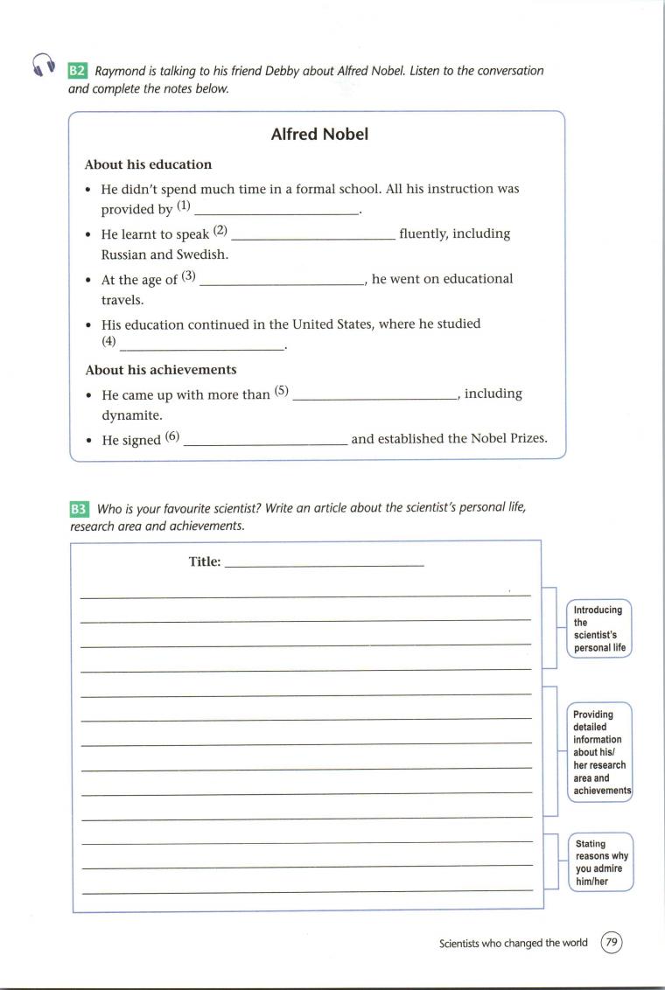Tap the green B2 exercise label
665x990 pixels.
click(x=77, y=71)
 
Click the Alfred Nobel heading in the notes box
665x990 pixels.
click(x=319, y=135)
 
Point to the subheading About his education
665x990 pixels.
click(x=148, y=164)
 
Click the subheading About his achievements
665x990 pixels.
click(x=161, y=370)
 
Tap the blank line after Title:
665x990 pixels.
click(x=324, y=565)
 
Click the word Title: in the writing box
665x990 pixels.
click(x=205, y=562)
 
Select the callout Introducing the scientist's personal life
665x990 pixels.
click(x=599, y=629)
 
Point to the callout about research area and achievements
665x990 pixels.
click(x=600, y=752)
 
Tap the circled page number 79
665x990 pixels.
click(x=612, y=943)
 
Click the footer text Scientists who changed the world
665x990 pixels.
click(x=514, y=943)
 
